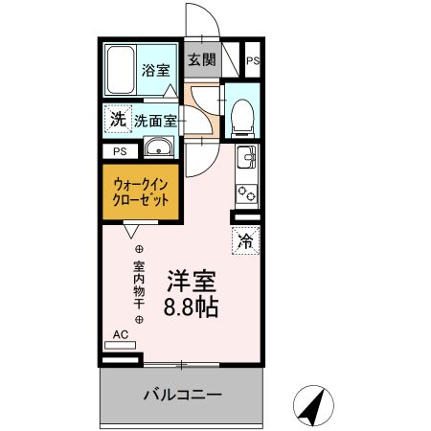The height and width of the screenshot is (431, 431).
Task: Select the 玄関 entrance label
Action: (x=201, y=60)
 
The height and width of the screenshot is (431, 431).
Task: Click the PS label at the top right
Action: (x=252, y=60)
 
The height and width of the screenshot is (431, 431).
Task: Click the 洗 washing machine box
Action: (x=117, y=121)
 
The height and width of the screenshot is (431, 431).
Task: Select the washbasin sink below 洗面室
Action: (x=157, y=148)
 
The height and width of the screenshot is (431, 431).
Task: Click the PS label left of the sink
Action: (x=120, y=151)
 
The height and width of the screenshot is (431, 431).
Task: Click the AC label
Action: (x=121, y=334)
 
